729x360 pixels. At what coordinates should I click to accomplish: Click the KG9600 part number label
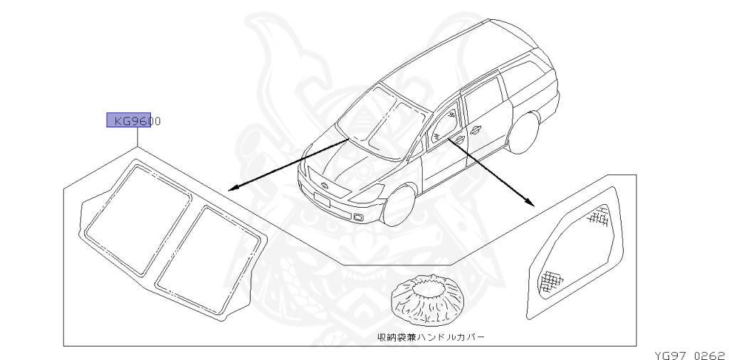coord(133,121)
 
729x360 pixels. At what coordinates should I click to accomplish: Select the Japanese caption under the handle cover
coord(431,337)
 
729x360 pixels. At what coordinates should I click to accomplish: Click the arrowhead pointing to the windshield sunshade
coord(231,189)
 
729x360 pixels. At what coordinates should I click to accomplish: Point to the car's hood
coord(342,164)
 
